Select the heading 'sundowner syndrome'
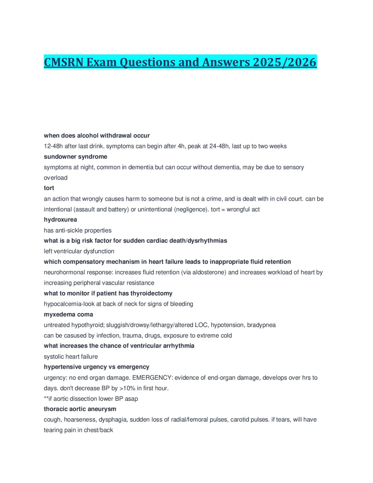pyautogui.click(x=75, y=157)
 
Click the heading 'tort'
pyautogui.click(x=49, y=188)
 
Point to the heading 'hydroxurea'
pyautogui.click(x=60, y=220)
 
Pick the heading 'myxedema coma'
pyautogui.click(x=68, y=314)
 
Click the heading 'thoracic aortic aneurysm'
pyautogui.click(x=80, y=409)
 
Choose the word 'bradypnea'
pyautogui.click(x=261, y=325)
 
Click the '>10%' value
pyautogui.click(x=127, y=388)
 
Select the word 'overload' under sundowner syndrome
pyautogui.click(x=55, y=178)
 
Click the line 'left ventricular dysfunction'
pyautogui.click(x=79, y=251)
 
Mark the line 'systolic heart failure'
pyautogui.click(x=71, y=356)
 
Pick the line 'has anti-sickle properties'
pyautogui.click(x=78, y=230)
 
